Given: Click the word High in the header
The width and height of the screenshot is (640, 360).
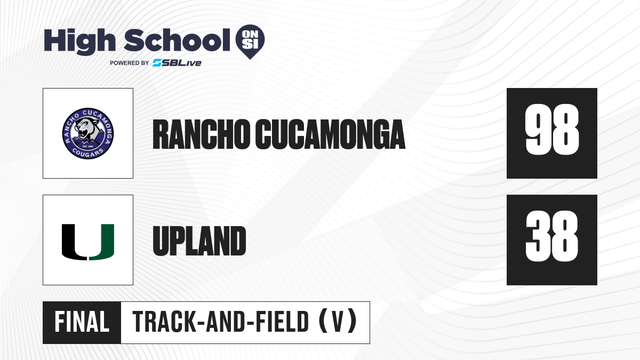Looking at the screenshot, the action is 79,42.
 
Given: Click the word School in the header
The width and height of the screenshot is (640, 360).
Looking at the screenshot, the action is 177,40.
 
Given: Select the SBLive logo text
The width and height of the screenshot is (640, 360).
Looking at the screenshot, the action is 177,63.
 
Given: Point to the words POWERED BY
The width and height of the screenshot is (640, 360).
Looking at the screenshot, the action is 130,63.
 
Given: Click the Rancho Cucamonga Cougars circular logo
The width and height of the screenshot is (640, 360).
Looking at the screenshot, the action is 88,133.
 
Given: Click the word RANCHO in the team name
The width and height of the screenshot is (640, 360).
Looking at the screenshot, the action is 202,134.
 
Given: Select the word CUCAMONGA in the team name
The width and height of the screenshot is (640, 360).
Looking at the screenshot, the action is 330,134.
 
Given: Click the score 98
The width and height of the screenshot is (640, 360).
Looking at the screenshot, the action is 552,130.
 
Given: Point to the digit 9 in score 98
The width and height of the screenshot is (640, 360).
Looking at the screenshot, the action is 538,130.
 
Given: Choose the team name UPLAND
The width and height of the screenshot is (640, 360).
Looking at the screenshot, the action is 199,241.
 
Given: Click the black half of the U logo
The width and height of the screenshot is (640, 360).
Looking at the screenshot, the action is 74,242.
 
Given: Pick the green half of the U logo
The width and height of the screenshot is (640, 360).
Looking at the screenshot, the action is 102,242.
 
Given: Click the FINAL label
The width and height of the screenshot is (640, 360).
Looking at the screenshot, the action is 82,322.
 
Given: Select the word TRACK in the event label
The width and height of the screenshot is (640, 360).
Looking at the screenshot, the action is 164,322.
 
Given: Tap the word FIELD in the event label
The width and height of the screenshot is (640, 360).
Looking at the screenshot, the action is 282,322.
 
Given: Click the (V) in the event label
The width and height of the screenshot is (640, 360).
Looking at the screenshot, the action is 338,322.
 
